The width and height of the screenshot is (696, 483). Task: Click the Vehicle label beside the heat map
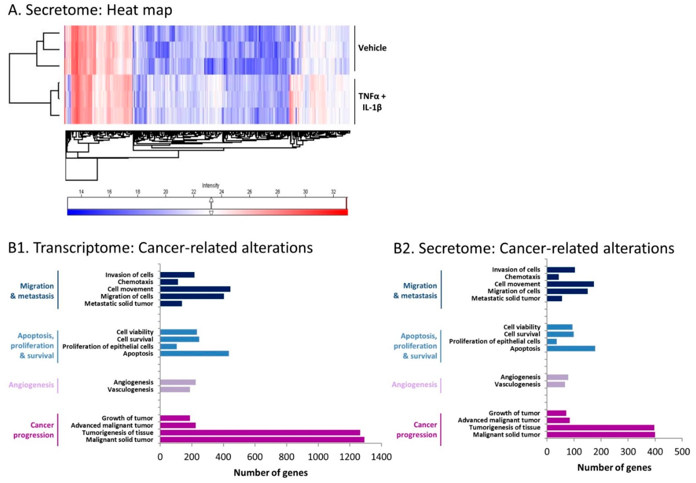tap(372, 48)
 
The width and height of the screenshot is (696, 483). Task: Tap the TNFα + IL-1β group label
tap(372, 102)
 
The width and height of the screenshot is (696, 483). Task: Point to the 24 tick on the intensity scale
tap(222, 192)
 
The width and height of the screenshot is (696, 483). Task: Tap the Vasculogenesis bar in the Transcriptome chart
tap(175, 390)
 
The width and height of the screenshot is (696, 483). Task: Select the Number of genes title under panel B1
tap(271, 472)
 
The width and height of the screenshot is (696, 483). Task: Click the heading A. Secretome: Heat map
tap(90, 10)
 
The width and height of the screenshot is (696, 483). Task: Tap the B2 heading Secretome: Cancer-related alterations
tap(534, 248)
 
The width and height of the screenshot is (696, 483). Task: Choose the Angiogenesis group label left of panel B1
tap(31, 385)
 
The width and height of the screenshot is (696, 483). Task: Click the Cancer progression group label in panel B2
tap(416, 430)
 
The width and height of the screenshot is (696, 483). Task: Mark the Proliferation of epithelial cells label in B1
tap(108, 346)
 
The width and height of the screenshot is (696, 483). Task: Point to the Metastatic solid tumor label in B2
tap(506, 298)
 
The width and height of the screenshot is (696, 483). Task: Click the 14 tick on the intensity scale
tap(81, 192)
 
